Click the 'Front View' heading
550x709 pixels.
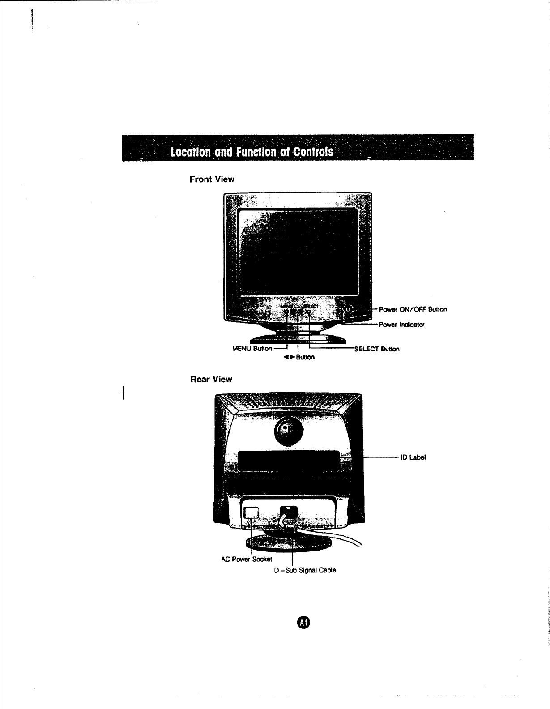point(212,179)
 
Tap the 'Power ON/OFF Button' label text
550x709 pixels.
point(413,309)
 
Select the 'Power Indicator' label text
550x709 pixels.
point(401,325)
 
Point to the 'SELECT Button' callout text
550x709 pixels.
point(376,349)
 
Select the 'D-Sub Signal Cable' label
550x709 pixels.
point(304,570)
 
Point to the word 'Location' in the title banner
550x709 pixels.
point(188,152)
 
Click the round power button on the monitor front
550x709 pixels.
point(349,309)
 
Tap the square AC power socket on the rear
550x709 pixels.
point(252,512)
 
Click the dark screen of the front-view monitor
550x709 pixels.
point(298,251)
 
